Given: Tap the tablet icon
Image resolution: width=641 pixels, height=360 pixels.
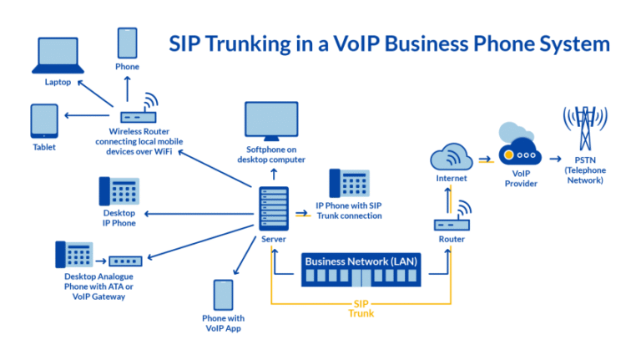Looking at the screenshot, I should pos(44,121).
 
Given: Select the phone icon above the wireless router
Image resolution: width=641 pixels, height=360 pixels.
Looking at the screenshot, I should pos(127,43).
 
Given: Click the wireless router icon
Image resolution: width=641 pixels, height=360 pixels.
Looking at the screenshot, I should pos(137,114).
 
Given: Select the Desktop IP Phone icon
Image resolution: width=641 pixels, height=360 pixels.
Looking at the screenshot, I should pos(119,192).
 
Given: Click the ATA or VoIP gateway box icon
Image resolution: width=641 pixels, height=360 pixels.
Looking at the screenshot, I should pos(126,261).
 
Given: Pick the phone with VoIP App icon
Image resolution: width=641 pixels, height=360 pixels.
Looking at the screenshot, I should pos(223,295).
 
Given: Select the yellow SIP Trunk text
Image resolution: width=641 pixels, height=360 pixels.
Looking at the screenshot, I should pos(361,309).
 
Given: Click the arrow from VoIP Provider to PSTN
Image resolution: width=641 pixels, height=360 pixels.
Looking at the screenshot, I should pos(555,157).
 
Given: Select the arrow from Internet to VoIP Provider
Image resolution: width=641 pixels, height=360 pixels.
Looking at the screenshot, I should pos(486,157).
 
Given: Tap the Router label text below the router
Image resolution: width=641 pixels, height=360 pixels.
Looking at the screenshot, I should pos(452,239).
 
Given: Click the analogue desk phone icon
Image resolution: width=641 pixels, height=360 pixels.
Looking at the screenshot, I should pos(73,255).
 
